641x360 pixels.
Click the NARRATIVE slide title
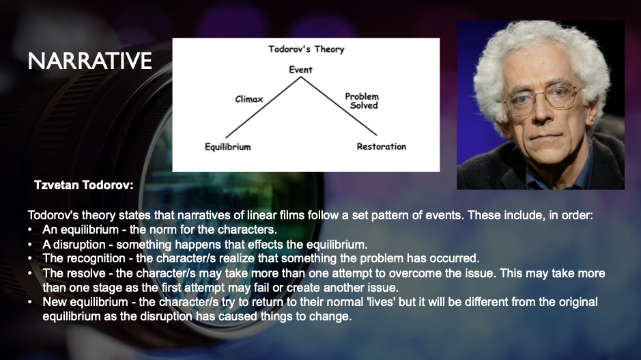coord(90,61)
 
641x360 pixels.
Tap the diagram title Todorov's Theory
coord(307,49)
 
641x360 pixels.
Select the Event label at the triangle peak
coord(300,70)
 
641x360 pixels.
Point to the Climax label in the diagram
coord(249,99)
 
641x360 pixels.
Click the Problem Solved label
coord(362,100)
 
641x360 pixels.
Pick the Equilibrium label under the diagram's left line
coord(228,147)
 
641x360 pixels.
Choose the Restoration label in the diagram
coord(382,146)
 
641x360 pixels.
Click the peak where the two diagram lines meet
coord(301,77)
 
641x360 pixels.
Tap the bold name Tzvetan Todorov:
coord(84,185)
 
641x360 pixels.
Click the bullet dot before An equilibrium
coord(30,230)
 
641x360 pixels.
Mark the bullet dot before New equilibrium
coord(30,302)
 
